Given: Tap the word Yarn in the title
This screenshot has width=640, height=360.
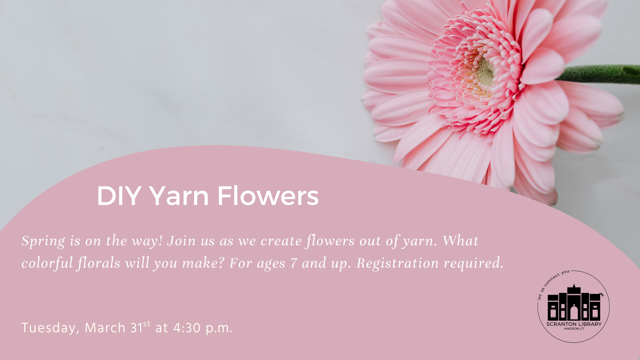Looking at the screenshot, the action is [x=179, y=196].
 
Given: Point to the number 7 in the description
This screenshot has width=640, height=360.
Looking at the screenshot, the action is [x=293, y=263].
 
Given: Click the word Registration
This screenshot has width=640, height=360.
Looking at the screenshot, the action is [x=398, y=264].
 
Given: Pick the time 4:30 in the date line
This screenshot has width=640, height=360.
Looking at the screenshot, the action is [x=187, y=328].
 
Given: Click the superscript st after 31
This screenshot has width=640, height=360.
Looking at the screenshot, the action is [x=147, y=324].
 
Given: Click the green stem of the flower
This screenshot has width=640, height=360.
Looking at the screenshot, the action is [x=598, y=74].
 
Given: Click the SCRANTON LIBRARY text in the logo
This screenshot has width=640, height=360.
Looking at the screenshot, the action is [x=574, y=324].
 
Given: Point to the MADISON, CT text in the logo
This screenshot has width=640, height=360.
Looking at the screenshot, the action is [x=574, y=329].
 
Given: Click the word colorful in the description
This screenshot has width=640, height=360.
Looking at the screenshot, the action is [x=47, y=263].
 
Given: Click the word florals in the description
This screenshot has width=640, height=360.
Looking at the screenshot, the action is [x=99, y=263].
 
